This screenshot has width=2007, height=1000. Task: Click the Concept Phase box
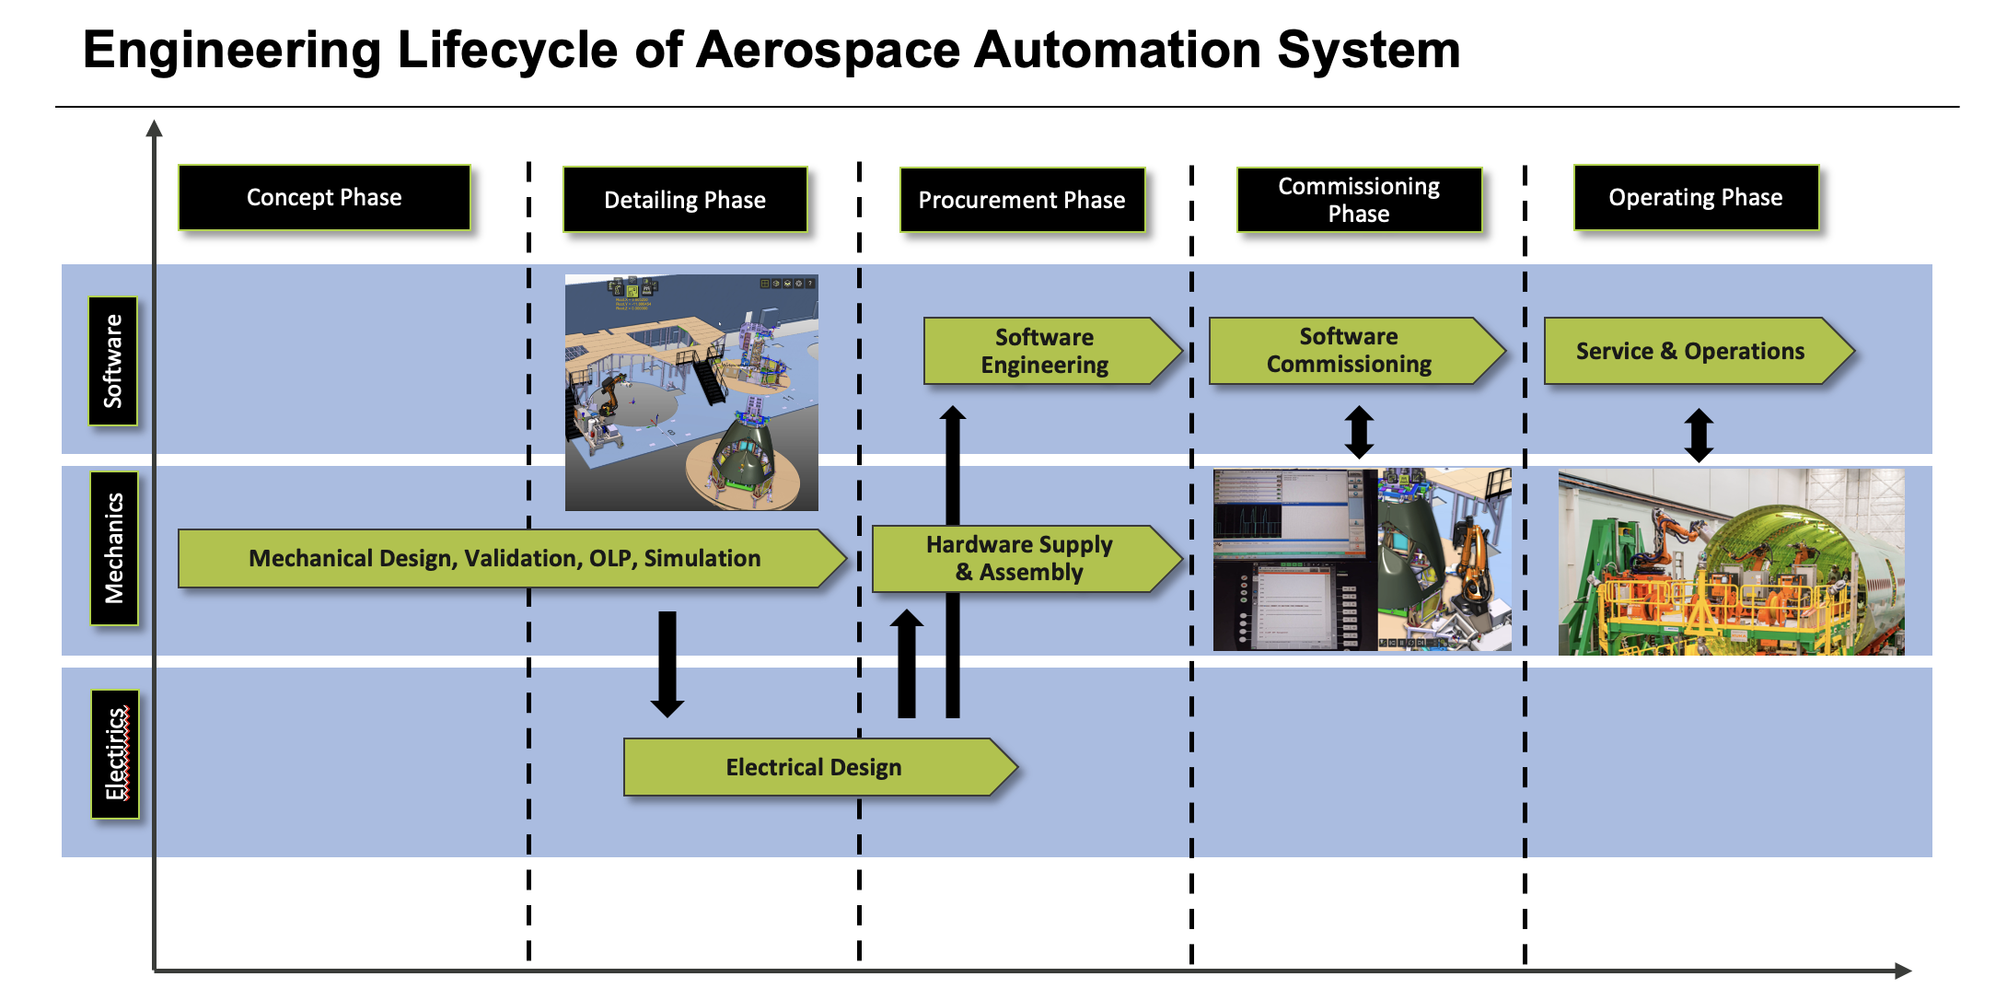point(324,198)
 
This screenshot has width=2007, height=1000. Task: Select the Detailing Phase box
point(685,200)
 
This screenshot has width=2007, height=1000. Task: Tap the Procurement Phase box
point(1022,200)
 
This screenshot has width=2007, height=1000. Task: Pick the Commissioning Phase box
point(1359,200)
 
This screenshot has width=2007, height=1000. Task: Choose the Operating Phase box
point(1696,198)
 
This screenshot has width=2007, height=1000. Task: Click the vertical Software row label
point(113,361)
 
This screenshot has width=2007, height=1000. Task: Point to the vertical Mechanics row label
point(114,548)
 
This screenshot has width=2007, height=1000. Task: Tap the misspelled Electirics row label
point(115,753)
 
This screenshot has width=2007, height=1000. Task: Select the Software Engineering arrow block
point(1045,351)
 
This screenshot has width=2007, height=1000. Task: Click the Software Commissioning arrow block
point(1349,351)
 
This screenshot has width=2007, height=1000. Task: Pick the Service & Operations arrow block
point(1690,351)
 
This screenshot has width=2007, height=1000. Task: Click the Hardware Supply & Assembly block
point(1019,558)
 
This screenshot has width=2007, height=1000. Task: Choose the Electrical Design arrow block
point(814,767)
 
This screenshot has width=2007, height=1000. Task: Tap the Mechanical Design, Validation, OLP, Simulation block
point(505,558)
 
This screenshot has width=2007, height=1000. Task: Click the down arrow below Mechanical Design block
point(667,663)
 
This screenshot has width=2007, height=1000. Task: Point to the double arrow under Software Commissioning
point(1359,432)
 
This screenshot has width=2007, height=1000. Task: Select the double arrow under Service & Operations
point(1699,435)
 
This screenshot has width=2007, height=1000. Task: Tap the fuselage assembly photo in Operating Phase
point(1731,562)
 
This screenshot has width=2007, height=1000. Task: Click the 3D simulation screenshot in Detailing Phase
point(691,392)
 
